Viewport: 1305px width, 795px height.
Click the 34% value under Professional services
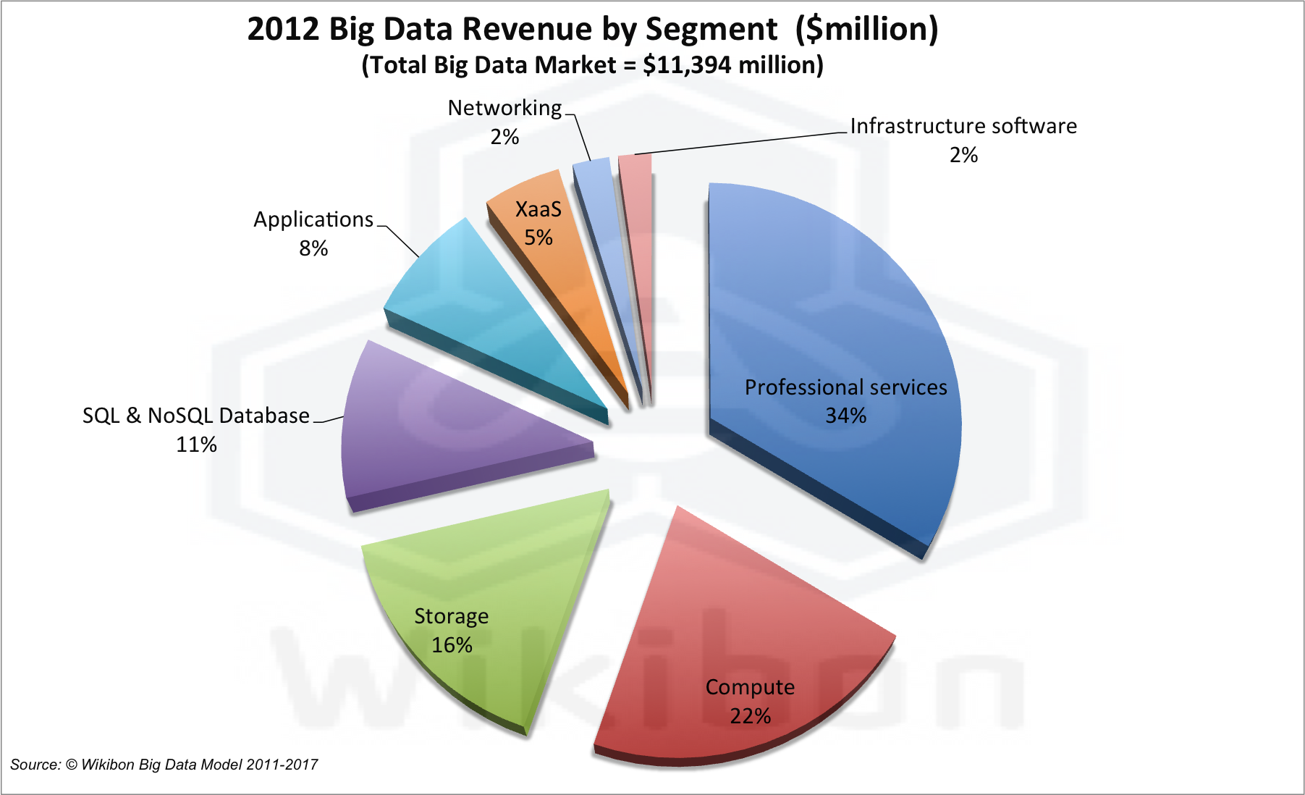click(845, 416)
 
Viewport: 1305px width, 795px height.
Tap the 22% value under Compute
click(750, 716)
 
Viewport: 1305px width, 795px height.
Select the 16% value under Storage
click(452, 645)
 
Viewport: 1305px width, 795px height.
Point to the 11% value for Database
click(196, 445)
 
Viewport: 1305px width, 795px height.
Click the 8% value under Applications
click(313, 248)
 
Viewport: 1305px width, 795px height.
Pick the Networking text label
click(504, 108)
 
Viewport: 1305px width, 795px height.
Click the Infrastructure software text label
click(963, 126)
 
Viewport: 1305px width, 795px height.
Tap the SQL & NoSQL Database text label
click(195, 416)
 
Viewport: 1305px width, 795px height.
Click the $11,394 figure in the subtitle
click(688, 65)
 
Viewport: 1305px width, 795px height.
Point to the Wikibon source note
click(164, 765)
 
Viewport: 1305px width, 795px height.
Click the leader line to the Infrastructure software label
click(738, 143)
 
